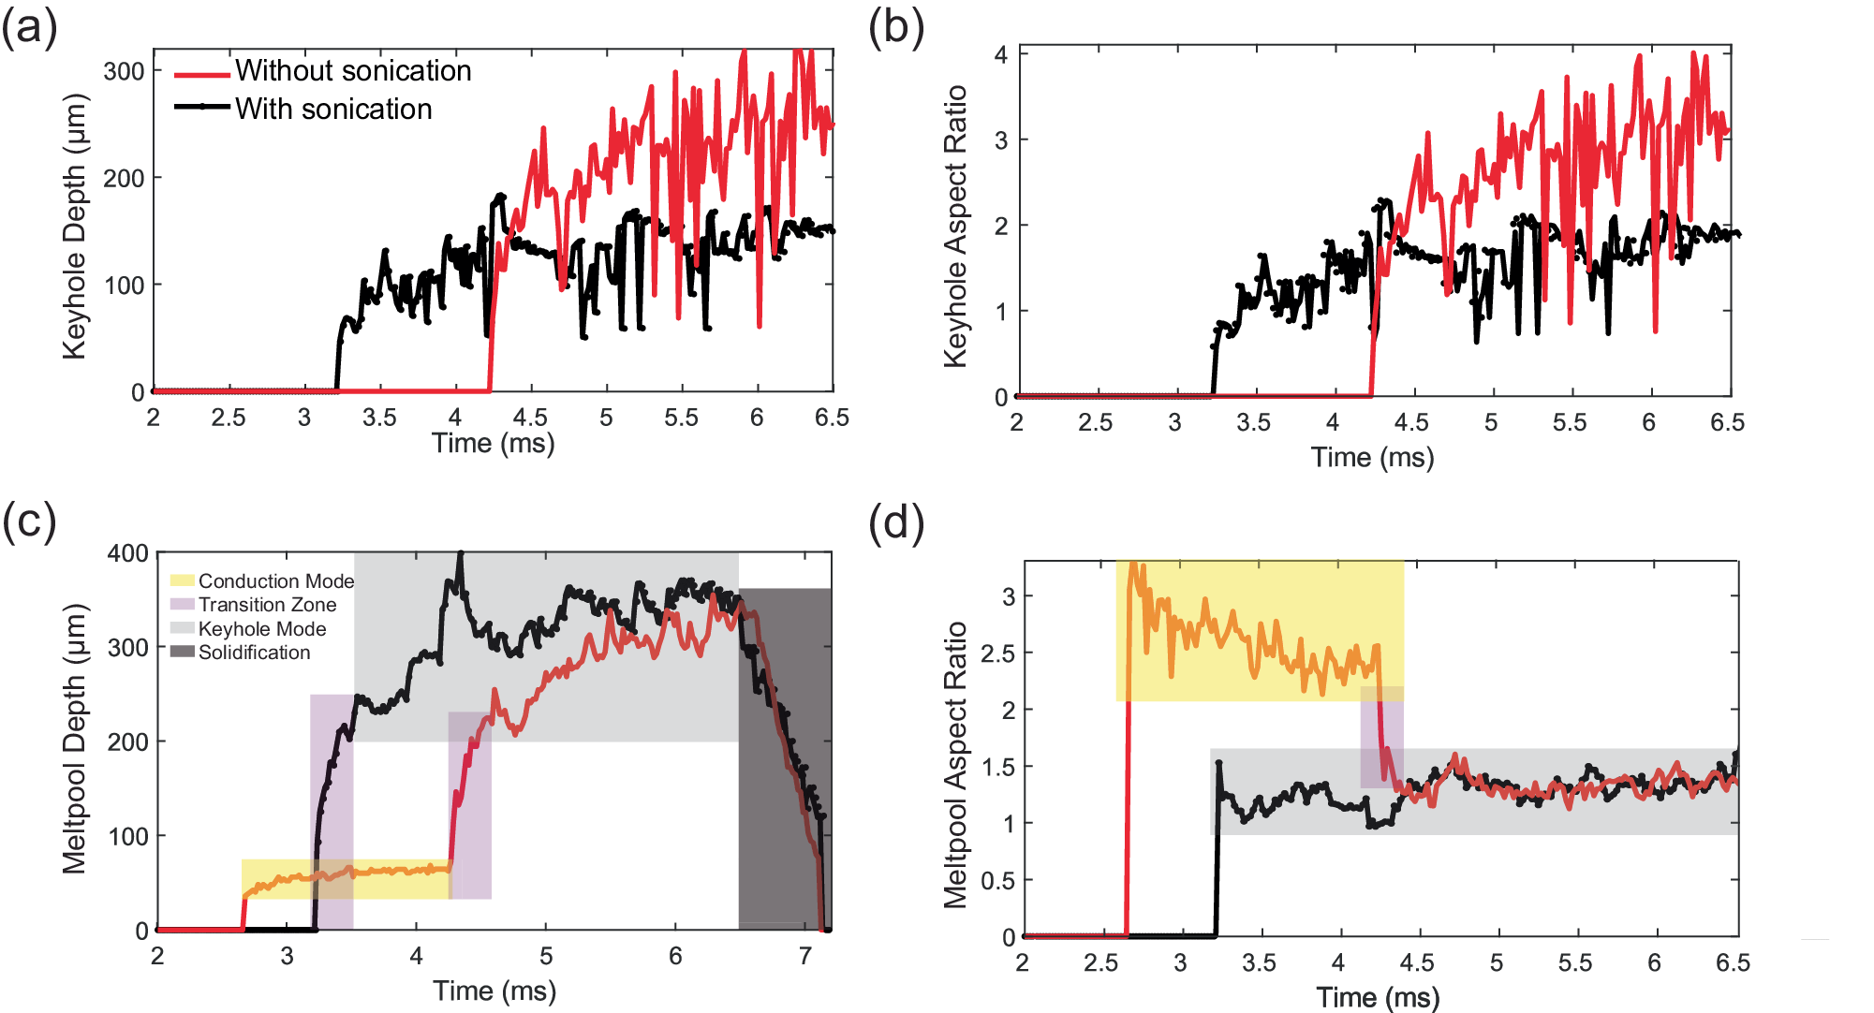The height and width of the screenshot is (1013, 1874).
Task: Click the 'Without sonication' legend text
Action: [353, 71]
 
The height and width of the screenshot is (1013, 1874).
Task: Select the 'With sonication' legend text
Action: [333, 110]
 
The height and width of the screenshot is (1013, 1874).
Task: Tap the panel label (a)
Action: [29, 27]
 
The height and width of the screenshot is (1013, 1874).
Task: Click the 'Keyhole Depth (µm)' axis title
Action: [74, 227]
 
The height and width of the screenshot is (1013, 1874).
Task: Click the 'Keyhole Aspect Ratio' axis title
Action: [954, 227]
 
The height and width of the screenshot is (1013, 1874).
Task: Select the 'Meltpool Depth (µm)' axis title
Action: [74, 739]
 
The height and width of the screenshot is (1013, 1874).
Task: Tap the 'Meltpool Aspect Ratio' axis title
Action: [954, 765]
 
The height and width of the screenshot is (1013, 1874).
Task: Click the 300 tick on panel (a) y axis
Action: [124, 71]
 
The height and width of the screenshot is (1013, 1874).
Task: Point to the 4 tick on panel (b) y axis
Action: [1000, 54]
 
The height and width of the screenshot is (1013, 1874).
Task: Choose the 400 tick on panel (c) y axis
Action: [127, 553]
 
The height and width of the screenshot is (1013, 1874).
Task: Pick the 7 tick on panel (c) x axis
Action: [804, 956]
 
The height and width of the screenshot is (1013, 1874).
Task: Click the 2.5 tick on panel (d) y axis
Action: [997, 653]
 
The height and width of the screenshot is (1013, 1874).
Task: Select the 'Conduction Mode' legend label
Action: [275, 581]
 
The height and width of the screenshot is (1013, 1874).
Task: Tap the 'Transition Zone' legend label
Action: [267, 605]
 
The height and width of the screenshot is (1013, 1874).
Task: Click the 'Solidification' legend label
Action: [254, 653]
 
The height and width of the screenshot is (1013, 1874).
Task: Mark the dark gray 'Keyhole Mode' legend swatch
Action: [182, 628]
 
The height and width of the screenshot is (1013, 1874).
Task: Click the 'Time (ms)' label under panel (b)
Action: [1372, 457]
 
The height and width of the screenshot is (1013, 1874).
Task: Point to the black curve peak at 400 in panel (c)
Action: [460, 553]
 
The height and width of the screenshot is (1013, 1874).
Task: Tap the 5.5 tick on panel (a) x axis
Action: [681, 418]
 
